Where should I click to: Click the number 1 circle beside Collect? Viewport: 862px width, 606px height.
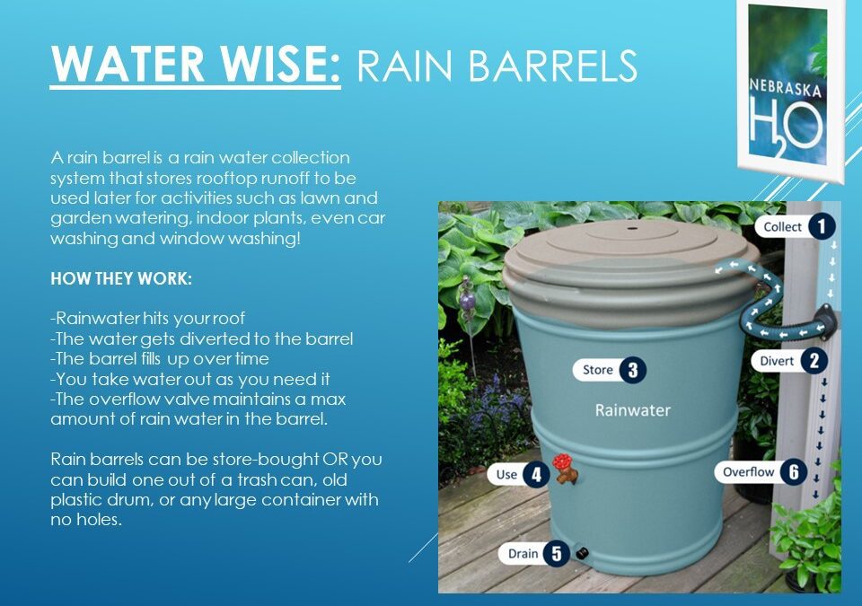click(821, 227)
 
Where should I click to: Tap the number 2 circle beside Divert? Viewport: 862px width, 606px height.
click(814, 361)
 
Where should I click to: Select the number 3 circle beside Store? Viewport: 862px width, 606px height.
click(632, 370)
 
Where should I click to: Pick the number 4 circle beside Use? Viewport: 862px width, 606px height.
click(536, 473)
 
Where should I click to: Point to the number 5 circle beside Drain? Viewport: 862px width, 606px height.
click(556, 553)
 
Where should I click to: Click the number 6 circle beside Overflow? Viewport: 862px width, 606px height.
click(793, 471)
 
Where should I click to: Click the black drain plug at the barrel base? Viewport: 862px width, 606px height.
click(582, 554)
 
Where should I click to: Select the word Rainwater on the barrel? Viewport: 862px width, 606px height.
click(633, 410)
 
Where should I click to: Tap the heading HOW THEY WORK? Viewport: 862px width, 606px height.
click(121, 278)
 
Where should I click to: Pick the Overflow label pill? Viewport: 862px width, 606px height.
click(749, 471)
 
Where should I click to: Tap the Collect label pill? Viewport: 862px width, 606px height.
click(782, 227)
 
